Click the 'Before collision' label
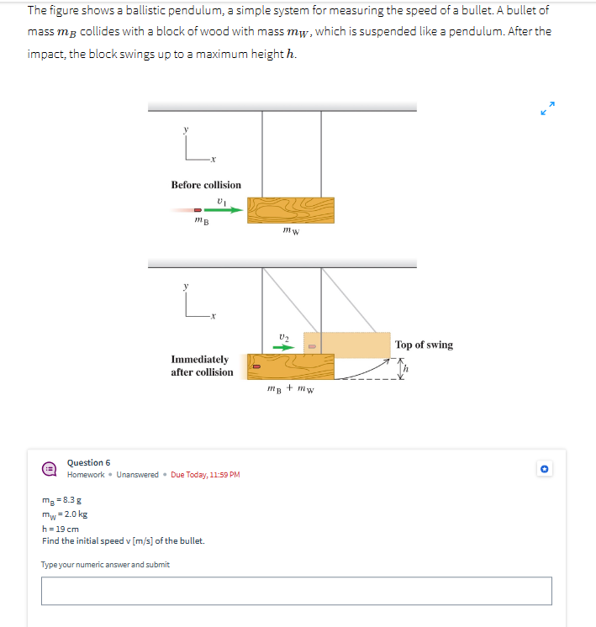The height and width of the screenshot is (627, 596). coord(206,185)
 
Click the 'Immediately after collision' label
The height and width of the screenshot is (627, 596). coord(202,366)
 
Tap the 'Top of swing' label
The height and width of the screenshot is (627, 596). coord(424,345)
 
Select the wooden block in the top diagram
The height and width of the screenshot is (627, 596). coord(290,210)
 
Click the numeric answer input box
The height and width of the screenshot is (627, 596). coord(297,591)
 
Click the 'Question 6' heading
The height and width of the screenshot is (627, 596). coord(88,463)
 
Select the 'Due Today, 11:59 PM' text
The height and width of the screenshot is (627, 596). coord(205,475)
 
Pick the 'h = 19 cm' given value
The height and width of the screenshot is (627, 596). coord(61,529)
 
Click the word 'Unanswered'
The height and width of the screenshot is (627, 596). coord(137,475)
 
